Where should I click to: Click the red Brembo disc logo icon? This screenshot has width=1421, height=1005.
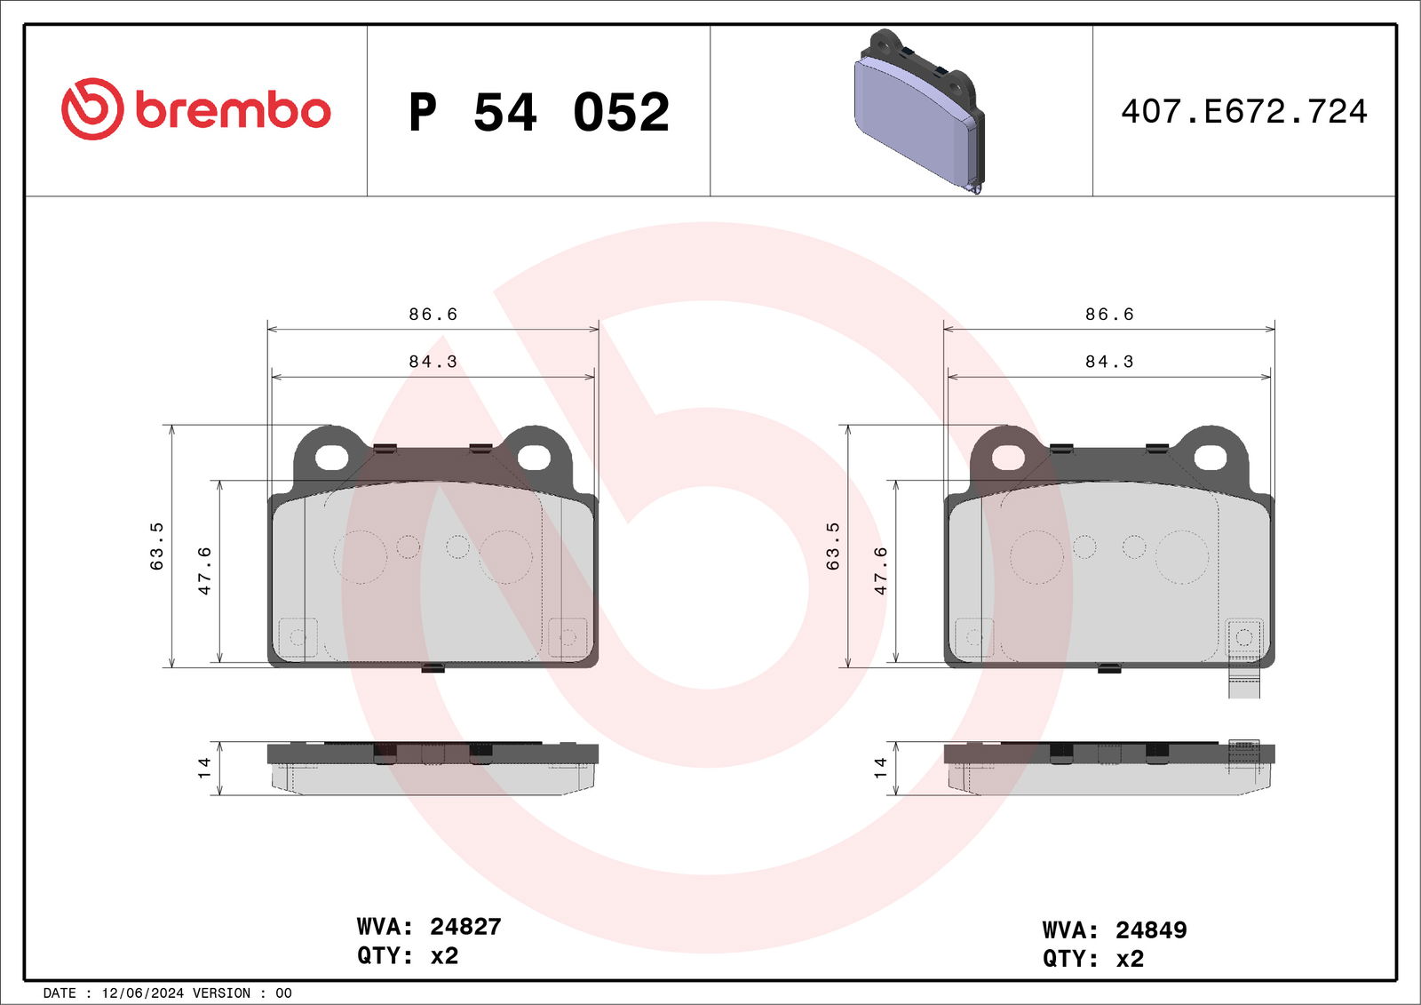[92, 109]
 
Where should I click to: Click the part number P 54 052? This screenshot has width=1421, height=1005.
[539, 112]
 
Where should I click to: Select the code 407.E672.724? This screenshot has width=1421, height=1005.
[1244, 112]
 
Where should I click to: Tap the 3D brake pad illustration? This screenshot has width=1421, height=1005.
[920, 111]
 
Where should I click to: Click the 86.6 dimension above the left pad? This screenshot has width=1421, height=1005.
[433, 315]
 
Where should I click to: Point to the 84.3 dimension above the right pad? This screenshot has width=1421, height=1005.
[1109, 362]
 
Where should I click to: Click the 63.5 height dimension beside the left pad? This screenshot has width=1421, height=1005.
[156, 546]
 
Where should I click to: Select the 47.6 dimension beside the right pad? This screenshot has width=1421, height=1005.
[880, 571]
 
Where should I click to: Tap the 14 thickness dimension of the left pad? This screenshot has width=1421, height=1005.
[203, 768]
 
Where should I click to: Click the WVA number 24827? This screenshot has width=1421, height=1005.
[465, 927]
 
